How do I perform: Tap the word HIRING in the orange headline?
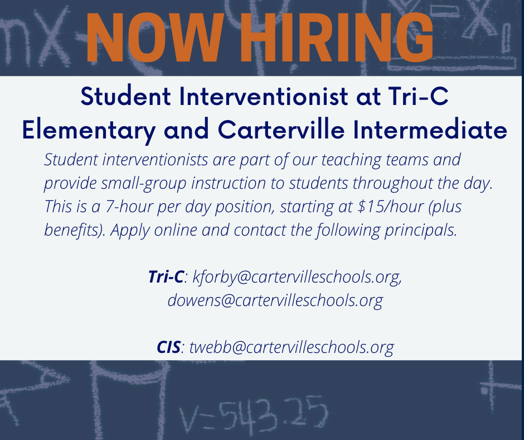(337, 37)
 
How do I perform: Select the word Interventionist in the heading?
(264, 97)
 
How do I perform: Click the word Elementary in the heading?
(89, 130)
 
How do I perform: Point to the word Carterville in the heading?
(281, 130)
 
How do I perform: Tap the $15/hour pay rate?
(391, 206)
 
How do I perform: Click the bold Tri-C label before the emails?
(166, 276)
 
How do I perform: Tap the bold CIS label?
(169, 347)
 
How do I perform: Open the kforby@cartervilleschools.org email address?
(297, 278)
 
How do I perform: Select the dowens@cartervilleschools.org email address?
(275, 300)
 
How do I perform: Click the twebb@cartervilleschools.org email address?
(292, 347)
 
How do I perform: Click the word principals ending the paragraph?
(421, 231)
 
